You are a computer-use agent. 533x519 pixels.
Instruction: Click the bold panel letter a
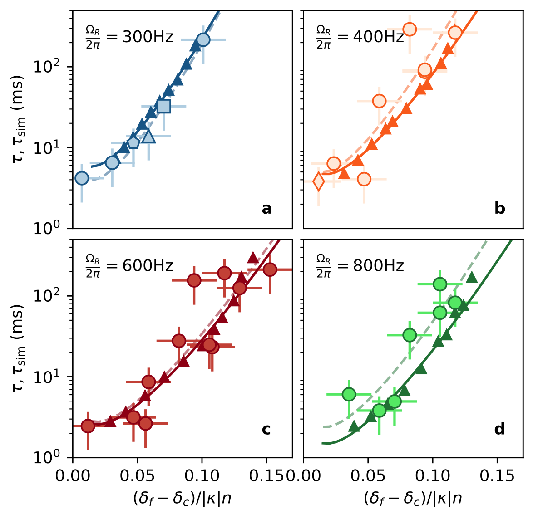click(x=266, y=209)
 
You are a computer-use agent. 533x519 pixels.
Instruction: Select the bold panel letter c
click(x=266, y=429)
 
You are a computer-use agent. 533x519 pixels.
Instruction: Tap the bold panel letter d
click(x=499, y=429)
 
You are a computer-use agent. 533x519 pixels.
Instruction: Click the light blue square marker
click(x=163, y=106)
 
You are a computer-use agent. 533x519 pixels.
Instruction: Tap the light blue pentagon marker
click(x=133, y=142)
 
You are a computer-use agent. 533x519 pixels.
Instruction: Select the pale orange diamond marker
click(x=319, y=181)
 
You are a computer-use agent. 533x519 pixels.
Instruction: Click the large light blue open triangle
click(x=148, y=136)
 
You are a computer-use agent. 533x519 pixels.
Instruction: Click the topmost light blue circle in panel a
click(x=203, y=39)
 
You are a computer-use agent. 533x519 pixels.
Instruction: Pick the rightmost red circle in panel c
click(x=270, y=269)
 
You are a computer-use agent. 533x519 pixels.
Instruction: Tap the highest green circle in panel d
click(x=440, y=284)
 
